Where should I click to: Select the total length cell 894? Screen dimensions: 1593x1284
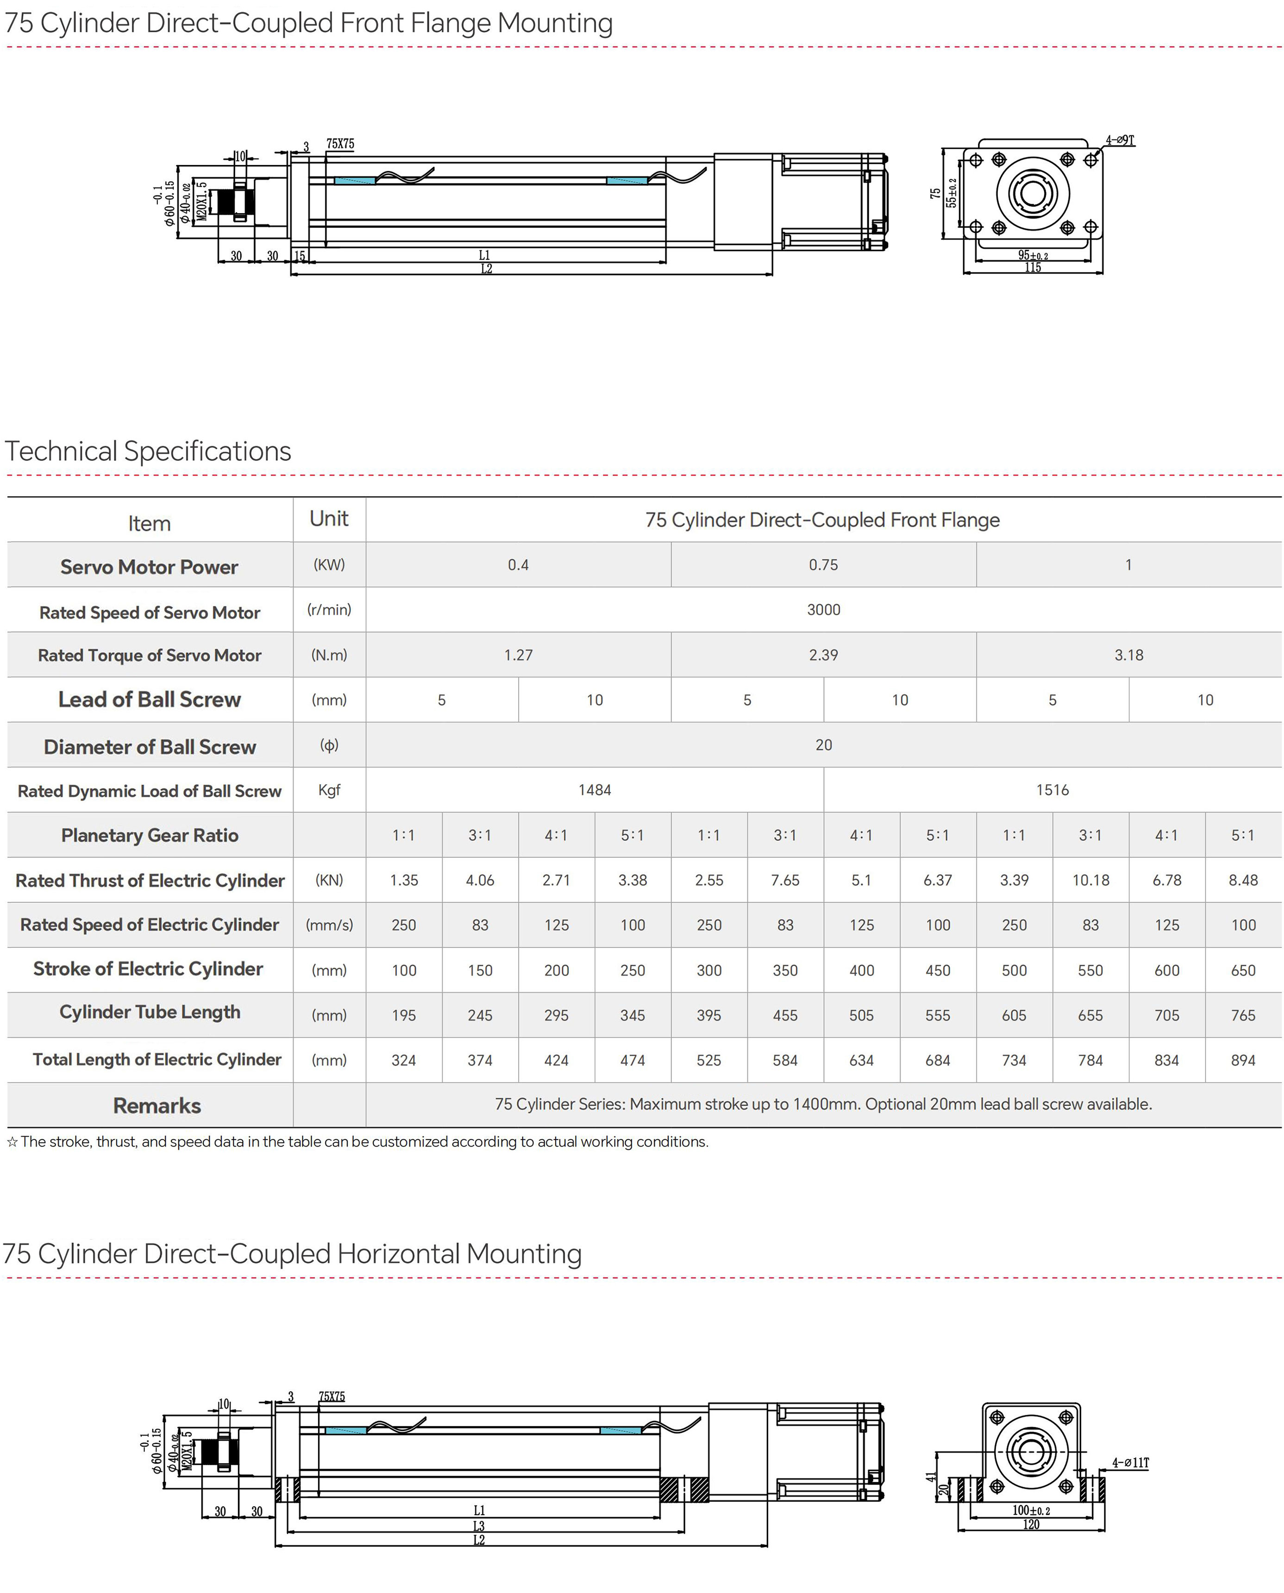(x=1243, y=1060)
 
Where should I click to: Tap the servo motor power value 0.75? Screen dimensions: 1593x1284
(x=823, y=565)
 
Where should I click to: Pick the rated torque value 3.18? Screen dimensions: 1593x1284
(x=1129, y=655)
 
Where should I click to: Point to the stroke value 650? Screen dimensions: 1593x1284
(x=1243, y=970)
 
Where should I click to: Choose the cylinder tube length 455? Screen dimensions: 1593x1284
(x=785, y=1015)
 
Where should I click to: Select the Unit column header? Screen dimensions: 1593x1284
(x=329, y=519)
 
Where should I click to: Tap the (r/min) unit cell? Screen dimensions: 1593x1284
(x=329, y=610)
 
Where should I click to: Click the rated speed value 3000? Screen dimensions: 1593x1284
(x=823, y=610)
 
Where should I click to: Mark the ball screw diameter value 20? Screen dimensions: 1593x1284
(x=823, y=745)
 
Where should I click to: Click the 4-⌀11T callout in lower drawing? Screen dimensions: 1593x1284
(x=1130, y=1463)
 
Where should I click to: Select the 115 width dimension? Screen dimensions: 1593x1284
(x=1033, y=268)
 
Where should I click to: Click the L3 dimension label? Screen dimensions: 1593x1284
(x=478, y=1526)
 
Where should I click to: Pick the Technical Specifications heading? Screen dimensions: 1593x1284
(x=148, y=451)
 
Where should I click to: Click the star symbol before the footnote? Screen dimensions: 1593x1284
(x=12, y=1142)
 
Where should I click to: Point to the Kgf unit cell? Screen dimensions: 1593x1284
(x=329, y=790)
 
